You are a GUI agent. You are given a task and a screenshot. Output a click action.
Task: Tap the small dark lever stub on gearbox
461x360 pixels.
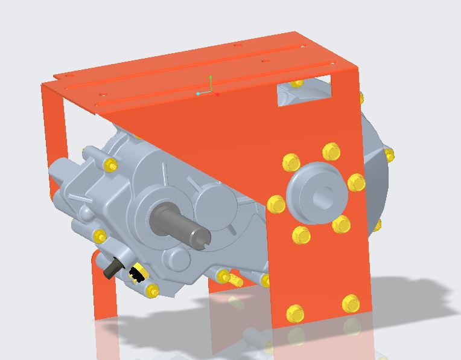click(112, 269)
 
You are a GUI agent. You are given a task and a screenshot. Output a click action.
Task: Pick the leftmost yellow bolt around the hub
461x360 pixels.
click(276, 204)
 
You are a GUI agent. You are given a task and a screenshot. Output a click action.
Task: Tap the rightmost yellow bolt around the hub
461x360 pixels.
click(356, 182)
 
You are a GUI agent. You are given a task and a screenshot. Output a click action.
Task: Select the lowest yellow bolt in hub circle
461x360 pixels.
click(300, 234)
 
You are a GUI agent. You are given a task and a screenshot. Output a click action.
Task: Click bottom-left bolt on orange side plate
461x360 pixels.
click(294, 313)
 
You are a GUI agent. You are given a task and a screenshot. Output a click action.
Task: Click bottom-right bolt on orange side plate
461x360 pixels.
click(351, 303)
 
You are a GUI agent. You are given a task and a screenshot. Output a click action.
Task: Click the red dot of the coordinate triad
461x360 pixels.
click(217, 94)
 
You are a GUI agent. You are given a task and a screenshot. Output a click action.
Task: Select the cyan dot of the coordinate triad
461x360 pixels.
click(198, 94)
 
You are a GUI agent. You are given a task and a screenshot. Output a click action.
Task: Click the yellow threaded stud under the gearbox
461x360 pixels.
click(232, 280)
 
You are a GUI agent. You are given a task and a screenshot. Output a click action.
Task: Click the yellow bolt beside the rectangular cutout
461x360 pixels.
click(296, 83)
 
